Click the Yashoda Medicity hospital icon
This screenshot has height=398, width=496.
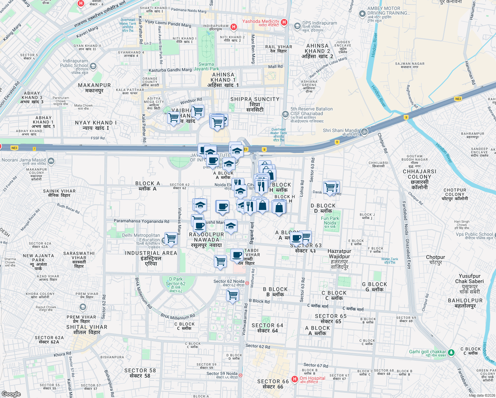point(284,22)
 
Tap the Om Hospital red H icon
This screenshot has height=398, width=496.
point(294,379)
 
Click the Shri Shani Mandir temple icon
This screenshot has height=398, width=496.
point(364,131)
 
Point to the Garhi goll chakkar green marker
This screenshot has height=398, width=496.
point(451,352)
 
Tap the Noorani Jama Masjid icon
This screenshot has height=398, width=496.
point(51,161)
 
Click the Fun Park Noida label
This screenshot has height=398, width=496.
point(330,221)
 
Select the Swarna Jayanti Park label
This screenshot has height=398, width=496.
point(206,67)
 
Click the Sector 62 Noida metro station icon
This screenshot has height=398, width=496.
point(247,283)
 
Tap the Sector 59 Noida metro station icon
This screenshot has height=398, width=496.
point(240,375)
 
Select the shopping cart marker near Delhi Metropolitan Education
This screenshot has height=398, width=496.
point(171,238)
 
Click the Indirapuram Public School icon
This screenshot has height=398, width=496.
point(93,66)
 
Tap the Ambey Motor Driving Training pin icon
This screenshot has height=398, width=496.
point(362,14)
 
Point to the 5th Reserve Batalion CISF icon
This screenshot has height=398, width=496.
point(285,114)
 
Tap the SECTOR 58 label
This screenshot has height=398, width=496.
point(140,373)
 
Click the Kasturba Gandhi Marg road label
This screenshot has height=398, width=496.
point(170,70)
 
